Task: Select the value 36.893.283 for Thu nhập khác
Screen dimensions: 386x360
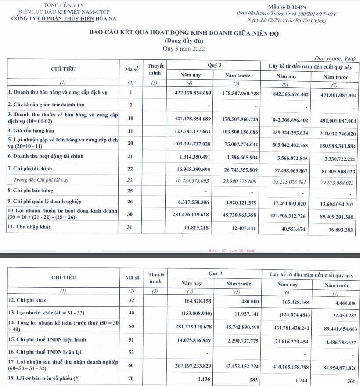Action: pos(339,229)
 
